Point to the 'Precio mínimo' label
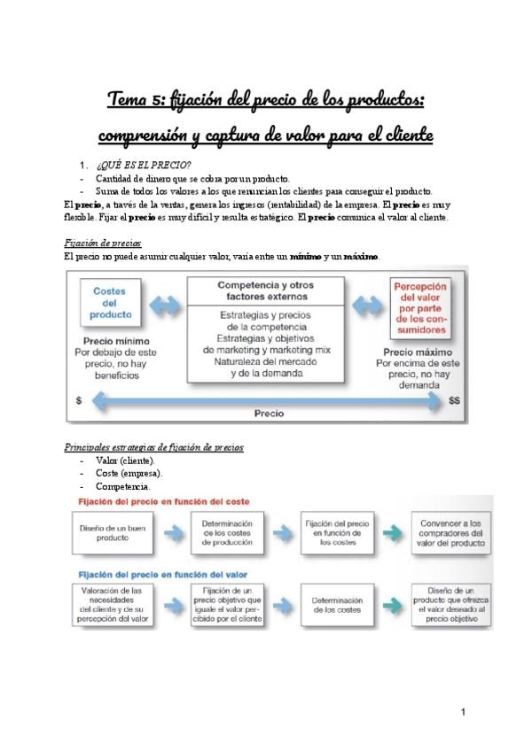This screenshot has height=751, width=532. pyautogui.click(x=116, y=340)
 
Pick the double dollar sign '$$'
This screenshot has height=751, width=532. pyautogui.click(x=455, y=400)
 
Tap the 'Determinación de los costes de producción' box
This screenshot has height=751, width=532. pyautogui.click(x=233, y=531)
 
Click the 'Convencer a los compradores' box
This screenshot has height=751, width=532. pyautogui.click(x=451, y=531)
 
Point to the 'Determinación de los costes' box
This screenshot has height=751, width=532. pyautogui.click(x=336, y=606)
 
